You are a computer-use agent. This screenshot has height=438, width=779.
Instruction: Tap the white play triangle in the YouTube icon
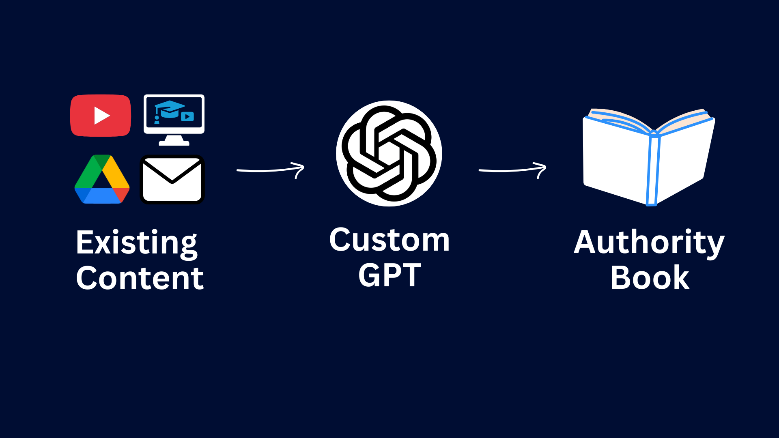click(101, 116)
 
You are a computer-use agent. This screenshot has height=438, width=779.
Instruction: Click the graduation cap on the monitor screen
click(170, 108)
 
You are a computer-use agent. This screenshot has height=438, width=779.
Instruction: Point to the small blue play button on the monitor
click(187, 117)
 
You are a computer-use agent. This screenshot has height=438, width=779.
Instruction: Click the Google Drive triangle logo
click(102, 180)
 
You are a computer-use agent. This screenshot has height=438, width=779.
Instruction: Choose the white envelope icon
click(172, 179)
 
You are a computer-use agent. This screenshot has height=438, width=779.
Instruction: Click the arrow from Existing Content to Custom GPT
click(270, 170)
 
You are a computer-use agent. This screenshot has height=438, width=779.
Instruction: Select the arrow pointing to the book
click(512, 170)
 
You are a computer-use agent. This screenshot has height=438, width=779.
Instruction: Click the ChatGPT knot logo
click(389, 153)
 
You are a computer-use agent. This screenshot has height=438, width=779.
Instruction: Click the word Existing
click(136, 243)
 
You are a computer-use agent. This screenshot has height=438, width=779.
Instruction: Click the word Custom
click(389, 240)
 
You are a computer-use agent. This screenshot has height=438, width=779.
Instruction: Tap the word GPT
click(389, 275)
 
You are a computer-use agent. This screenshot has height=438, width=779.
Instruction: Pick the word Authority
click(649, 243)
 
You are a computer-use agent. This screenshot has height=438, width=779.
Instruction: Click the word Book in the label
click(650, 278)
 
